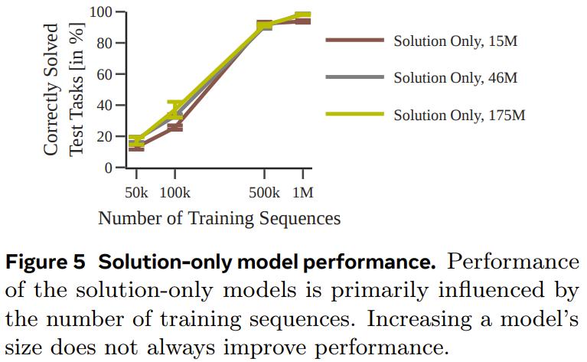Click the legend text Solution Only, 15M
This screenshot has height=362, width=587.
coord(456,41)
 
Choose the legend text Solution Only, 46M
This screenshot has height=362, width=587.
coord(456,77)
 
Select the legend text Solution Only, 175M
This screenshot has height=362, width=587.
coord(460,115)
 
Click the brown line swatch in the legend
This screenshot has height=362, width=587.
coord(354,41)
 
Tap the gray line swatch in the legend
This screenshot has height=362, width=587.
coord(354,77)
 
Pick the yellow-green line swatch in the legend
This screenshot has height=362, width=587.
coord(354,115)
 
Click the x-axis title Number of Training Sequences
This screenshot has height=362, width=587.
coord(219,218)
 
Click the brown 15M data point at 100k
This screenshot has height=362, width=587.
coord(174,126)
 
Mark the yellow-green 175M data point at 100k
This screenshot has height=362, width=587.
coord(174,107)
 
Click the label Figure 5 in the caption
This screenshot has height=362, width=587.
coord(47,262)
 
